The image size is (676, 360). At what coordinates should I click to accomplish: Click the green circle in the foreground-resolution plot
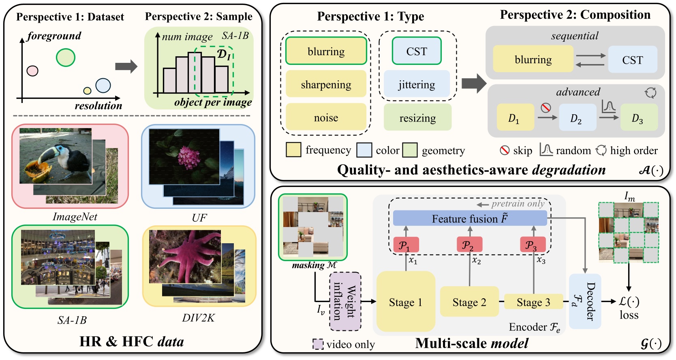(65, 57)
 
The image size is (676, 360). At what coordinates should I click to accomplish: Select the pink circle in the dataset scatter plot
(32, 71)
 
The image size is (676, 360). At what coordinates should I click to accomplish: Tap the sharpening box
(326, 84)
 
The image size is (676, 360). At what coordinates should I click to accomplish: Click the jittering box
(417, 84)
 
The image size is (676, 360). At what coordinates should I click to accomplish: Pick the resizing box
(417, 118)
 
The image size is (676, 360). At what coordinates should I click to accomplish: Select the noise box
(326, 118)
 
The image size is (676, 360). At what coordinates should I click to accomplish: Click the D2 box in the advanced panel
(577, 118)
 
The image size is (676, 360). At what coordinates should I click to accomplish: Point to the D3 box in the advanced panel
(638, 118)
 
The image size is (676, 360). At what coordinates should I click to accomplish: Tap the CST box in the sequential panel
(632, 60)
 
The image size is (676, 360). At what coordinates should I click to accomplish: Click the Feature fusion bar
(469, 219)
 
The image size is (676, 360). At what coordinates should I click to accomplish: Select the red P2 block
(469, 245)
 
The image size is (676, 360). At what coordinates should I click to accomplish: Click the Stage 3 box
(533, 302)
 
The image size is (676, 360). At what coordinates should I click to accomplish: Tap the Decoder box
(584, 301)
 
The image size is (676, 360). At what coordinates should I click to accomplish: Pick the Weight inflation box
(345, 302)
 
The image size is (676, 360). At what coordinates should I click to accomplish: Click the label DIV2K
(198, 318)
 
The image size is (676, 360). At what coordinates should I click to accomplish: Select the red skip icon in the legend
(505, 150)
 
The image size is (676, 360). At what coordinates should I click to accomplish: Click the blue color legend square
(364, 150)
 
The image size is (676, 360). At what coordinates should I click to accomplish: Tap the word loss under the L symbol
(629, 315)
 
